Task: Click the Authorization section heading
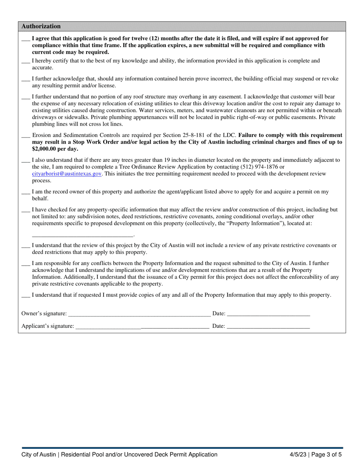tap(41, 26)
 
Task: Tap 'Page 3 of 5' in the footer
tap(327, 455)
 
